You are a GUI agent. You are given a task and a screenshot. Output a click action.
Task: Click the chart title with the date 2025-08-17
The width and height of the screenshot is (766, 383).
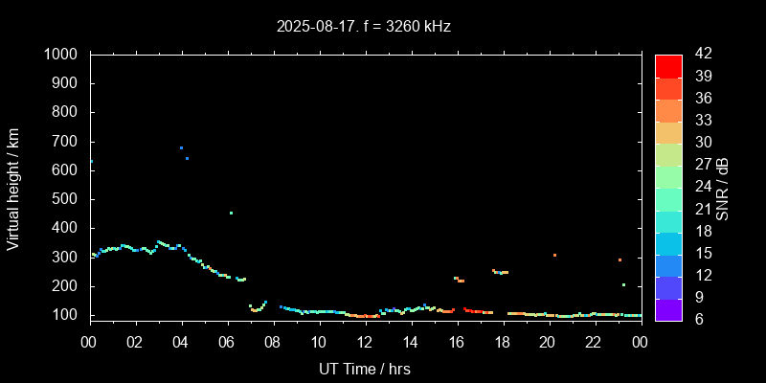pos(363,27)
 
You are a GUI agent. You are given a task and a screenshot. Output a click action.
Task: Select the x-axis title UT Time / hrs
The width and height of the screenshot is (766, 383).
pos(365,369)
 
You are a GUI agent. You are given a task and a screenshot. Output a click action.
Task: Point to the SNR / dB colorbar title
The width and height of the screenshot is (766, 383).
pos(723,188)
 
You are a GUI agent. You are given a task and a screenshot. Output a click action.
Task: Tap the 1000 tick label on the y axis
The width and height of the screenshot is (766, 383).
pos(63,55)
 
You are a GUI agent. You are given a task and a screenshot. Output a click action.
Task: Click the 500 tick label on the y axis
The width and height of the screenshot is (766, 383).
pos(67,199)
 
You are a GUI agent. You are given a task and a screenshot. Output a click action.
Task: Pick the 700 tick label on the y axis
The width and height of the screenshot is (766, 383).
pos(67,142)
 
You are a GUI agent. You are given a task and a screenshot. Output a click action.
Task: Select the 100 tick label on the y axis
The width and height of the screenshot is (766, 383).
pos(67,315)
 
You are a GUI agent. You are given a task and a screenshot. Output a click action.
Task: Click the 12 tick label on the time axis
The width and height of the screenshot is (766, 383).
pos(365,343)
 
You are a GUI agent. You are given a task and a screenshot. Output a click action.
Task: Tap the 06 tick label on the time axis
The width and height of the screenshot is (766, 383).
pos(227,343)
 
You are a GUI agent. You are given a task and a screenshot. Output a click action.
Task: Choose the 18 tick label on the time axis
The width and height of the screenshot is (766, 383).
pos(502,343)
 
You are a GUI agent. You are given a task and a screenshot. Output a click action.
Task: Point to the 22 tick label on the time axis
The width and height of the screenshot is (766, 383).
pos(594,343)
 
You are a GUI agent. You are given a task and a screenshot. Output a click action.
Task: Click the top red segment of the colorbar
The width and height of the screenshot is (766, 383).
pos(668,65)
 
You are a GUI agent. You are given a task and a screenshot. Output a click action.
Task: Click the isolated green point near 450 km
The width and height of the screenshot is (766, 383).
pos(231,213)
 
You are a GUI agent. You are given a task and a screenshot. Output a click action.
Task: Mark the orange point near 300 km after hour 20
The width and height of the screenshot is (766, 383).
pos(554,255)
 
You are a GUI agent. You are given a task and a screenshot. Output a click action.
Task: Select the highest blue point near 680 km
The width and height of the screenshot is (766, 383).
pos(181,147)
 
